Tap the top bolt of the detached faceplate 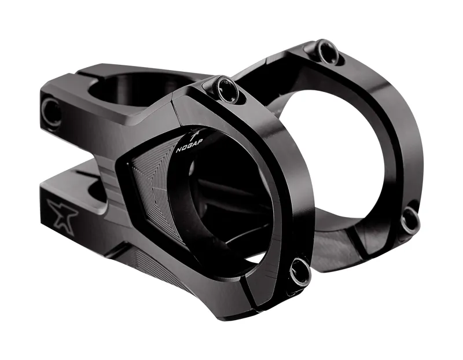point(327,52)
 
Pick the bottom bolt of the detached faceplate point(410,220)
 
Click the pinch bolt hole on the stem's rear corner point(52,111)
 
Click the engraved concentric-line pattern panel point(150,185)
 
